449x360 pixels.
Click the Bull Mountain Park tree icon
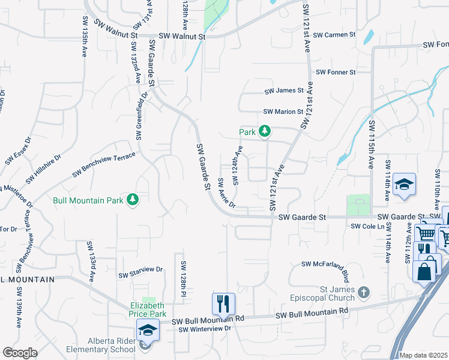(133, 200)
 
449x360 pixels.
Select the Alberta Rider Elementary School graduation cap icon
(147, 331)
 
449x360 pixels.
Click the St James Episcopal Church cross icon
(363, 293)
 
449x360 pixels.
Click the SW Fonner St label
(336, 72)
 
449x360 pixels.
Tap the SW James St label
(285, 91)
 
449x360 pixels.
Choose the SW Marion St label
(283, 112)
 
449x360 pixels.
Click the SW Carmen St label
(336, 35)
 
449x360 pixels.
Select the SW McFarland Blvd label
(325, 264)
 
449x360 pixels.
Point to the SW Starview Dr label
(140, 273)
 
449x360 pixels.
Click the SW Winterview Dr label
(205, 329)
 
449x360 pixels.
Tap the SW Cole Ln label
(368, 226)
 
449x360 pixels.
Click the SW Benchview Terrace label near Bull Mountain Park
(104, 165)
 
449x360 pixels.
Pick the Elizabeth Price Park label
(148, 310)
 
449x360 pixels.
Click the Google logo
(19, 353)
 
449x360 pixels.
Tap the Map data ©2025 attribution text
(423, 355)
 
